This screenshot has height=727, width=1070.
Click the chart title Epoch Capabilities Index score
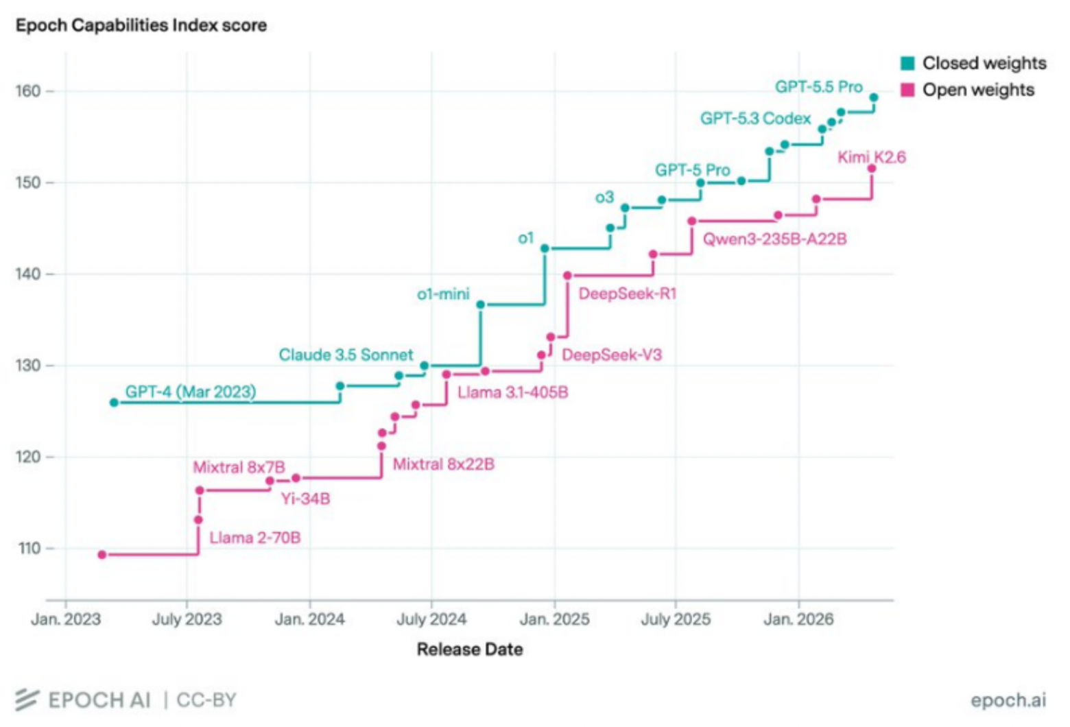[x=141, y=25]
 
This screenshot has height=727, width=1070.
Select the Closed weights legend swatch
[x=907, y=63]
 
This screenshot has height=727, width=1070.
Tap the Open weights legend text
[x=978, y=90]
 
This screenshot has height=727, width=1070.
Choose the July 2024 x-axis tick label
[x=431, y=619]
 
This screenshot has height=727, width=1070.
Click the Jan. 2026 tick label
[x=798, y=619]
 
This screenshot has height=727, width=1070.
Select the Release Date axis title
[x=470, y=649]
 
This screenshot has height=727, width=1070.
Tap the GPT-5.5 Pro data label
[x=819, y=87]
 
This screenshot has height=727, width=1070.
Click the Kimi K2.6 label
[x=872, y=157]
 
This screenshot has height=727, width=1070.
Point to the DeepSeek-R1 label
[x=628, y=294]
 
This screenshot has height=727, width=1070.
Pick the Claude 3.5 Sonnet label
[x=346, y=355]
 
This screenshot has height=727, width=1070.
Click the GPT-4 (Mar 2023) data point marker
[x=114, y=403]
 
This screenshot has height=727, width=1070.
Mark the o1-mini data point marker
[x=481, y=305]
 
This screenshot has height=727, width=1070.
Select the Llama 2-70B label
[x=255, y=538]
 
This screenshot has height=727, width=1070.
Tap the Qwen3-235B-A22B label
[x=775, y=239]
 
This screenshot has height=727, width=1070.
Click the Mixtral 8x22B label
[x=444, y=464]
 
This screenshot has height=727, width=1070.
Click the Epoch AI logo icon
[x=27, y=700]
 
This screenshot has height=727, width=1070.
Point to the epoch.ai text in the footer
[x=1008, y=700]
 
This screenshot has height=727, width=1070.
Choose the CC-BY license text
[x=206, y=700]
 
